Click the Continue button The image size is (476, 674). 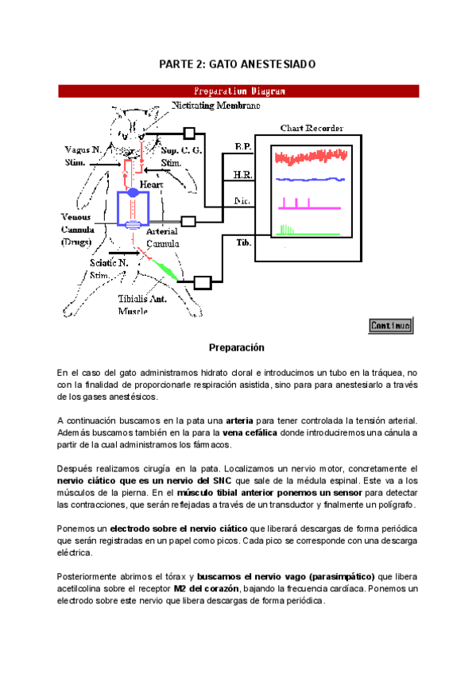(x=390, y=325)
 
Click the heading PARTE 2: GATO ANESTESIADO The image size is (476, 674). (x=238, y=64)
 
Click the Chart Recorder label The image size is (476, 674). (x=307, y=127)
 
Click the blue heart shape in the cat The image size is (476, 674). (x=131, y=193)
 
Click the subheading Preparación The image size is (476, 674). (x=236, y=348)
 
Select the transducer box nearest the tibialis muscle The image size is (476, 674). (x=202, y=281)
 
